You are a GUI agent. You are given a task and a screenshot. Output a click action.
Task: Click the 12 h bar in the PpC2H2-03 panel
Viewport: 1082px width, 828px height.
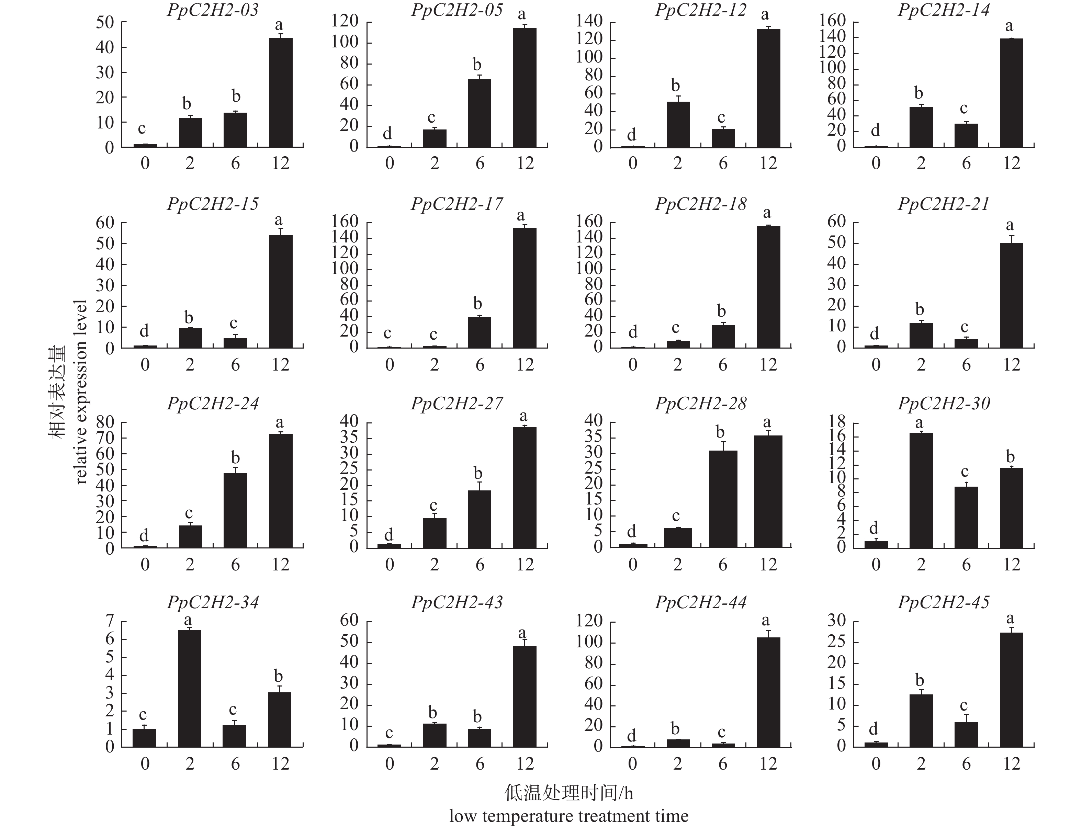click(x=281, y=93)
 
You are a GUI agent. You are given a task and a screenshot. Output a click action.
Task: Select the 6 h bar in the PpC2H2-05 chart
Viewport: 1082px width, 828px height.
click(x=479, y=113)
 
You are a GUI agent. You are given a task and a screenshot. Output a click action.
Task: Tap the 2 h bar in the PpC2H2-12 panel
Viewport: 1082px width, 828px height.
click(x=678, y=125)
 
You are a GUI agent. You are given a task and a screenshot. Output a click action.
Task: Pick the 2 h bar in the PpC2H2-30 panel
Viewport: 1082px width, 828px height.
click(x=921, y=490)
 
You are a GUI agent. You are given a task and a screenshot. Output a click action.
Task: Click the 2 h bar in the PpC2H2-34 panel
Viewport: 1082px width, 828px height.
click(x=189, y=689)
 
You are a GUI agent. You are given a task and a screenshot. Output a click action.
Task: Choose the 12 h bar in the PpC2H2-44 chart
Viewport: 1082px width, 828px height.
click(x=768, y=692)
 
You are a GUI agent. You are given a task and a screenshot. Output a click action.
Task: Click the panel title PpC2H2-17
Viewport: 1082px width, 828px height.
click(x=457, y=204)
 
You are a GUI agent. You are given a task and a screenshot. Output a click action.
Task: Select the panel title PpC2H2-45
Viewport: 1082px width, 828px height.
click(x=944, y=602)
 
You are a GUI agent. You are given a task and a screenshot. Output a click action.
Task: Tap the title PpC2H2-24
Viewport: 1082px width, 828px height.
click(x=213, y=404)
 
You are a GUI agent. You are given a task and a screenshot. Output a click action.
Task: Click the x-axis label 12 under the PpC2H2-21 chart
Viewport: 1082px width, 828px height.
click(x=1012, y=365)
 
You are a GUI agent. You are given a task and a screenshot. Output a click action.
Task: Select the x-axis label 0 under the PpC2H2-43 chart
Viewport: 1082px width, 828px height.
click(x=390, y=764)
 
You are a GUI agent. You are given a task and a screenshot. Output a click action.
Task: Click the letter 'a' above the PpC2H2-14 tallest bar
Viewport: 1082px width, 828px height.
click(x=1009, y=26)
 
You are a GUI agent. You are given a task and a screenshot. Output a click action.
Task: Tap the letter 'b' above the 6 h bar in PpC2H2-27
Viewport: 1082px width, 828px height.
click(x=478, y=474)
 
